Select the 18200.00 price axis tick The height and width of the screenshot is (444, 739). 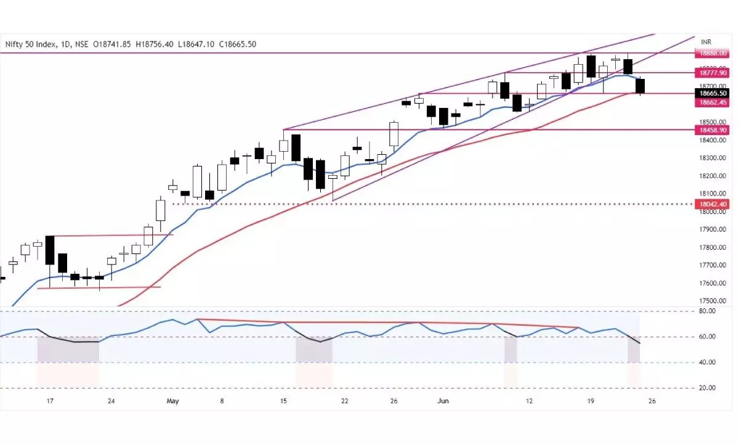click(712, 176)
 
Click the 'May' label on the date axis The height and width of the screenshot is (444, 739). click(172, 400)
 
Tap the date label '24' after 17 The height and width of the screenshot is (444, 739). click(111, 400)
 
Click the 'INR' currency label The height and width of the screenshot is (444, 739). click(706, 41)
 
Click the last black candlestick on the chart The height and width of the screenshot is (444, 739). click(640, 86)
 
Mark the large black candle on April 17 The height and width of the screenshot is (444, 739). click(50, 250)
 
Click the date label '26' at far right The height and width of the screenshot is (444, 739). click(652, 400)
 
